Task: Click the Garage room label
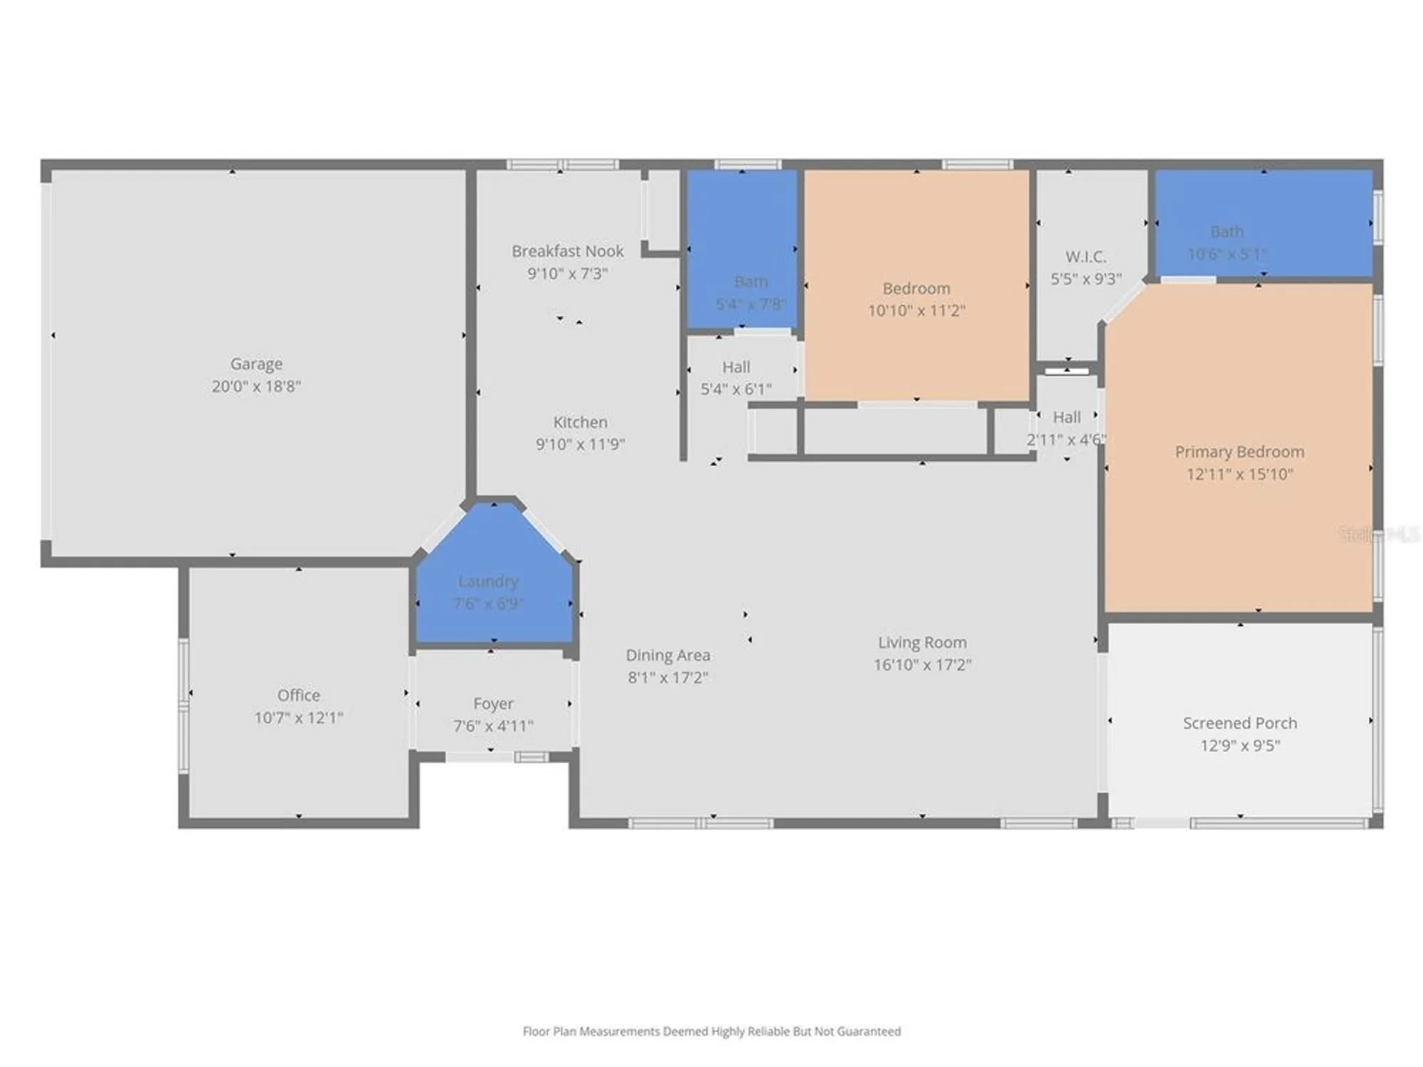[x=256, y=363]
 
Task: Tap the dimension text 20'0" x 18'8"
[x=256, y=386]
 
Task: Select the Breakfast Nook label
[x=567, y=251]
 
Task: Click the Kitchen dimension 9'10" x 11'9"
[x=580, y=445]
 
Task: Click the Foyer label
[x=493, y=704]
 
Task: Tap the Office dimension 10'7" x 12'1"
[x=299, y=718]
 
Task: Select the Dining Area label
[x=667, y=655]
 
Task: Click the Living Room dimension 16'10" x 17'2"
[x=922, y=665]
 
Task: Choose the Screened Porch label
[x=1239, y=723]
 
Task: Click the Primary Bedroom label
[x=1239, y=452]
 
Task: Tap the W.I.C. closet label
[x=1085, y=257]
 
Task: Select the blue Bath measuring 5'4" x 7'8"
[x=741, y=249]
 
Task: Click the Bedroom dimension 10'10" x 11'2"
[x=916, y=311]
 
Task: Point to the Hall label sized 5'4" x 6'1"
[x=736, y=367]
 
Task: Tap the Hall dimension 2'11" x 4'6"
[x=1066, y=440]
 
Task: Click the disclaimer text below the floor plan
[x=711, y=1031]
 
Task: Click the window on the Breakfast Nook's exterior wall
[x=562, y=165]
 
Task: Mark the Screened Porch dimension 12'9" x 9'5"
[x=1239, y=745]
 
